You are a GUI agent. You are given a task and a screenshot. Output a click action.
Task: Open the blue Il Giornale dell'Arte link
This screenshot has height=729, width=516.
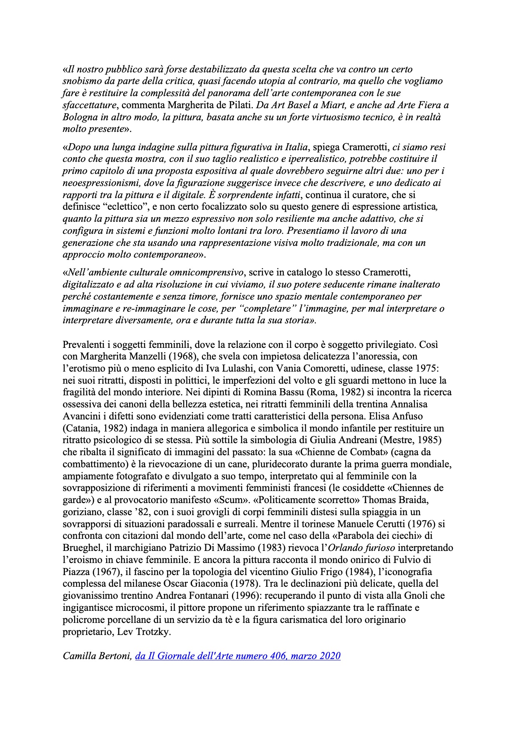[238, 656]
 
